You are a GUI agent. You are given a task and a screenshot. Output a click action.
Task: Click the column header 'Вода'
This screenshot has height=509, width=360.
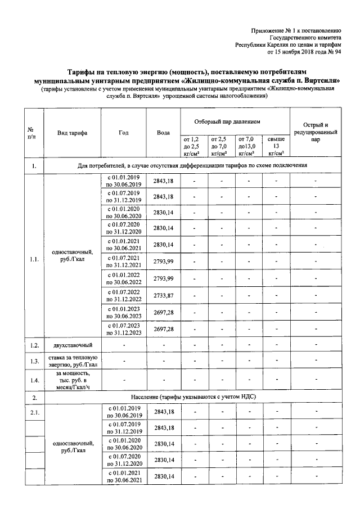[x=163, y=133]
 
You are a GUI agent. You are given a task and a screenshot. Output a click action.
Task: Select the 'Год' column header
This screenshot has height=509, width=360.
[x=123, y=133]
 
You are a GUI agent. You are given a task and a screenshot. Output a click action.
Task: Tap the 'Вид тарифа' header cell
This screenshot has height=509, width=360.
[x=71, y=133]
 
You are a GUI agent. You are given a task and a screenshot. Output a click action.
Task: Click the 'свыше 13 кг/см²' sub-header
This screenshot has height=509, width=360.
[x=276, y=145]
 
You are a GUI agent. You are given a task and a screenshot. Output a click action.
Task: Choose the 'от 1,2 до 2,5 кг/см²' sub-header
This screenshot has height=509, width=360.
[x=194, y=145]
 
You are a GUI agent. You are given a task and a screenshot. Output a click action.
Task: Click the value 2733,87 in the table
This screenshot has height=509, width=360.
[x=163, y=296]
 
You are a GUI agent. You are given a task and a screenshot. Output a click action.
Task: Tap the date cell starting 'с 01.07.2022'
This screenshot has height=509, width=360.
[x=123, y=296]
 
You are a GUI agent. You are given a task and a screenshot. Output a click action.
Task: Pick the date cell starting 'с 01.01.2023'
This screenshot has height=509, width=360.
[x=123, y=312]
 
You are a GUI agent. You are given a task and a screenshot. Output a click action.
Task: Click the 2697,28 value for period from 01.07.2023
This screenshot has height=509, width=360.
[x=163, y=328]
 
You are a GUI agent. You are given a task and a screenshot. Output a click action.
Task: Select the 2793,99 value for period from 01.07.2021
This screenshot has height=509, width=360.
[x=163, y=263]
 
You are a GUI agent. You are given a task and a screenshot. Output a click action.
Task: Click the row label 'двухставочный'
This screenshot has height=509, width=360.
[x=71, y=345]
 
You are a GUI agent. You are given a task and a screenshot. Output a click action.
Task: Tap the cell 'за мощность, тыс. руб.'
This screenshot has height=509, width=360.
[x=71, y=380]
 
